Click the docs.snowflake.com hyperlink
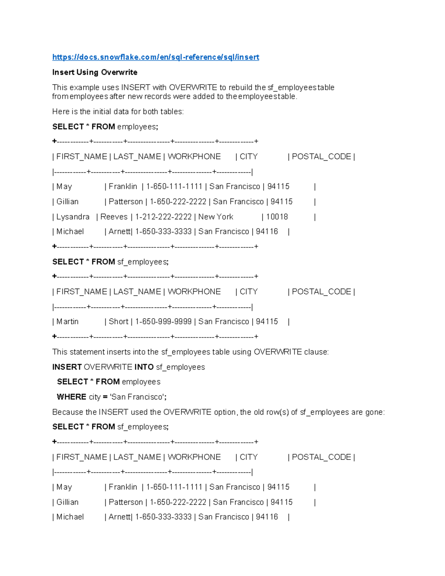[155, 57]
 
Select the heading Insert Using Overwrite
[95, 72]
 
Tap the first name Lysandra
[73, 217]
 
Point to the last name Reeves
[113, 217]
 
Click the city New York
[216, 217]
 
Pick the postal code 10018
[277, 217]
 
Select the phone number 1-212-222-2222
[163, 217]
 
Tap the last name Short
[118, 322]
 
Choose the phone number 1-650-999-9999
[163, 322]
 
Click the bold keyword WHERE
[72, 397]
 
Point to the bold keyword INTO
[144, 367]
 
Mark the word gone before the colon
[374, 412]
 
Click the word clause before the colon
[316, 352]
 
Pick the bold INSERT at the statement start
[67, 367]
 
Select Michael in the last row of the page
[70, 517]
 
